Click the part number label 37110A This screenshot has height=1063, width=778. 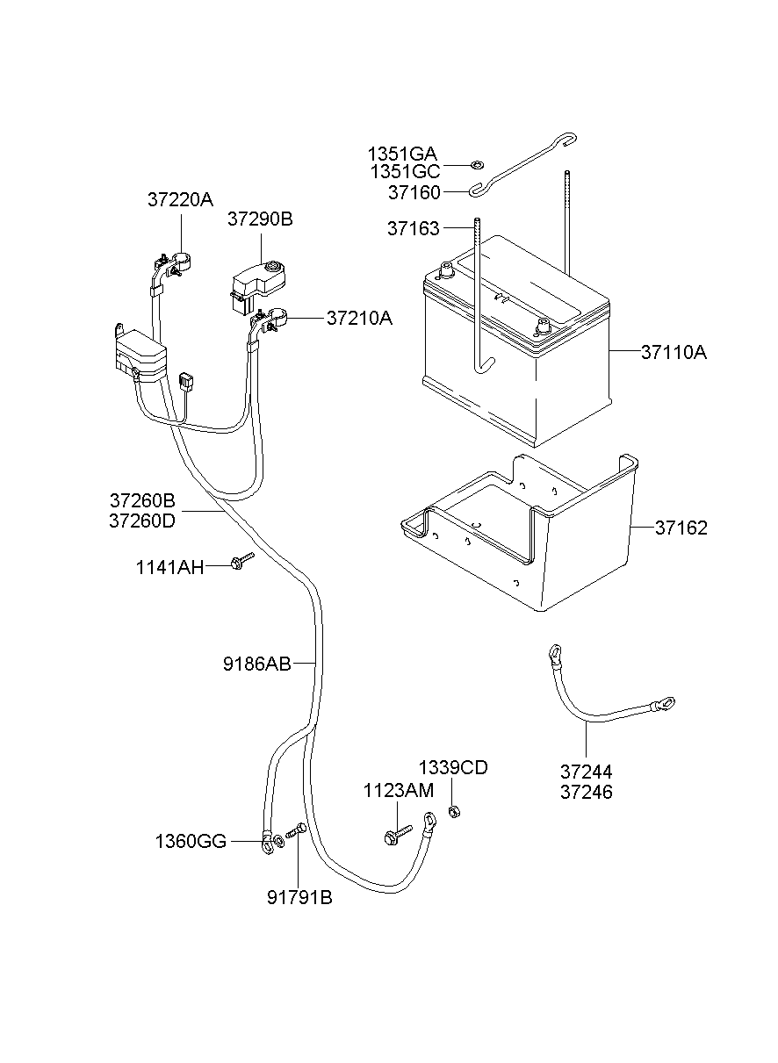[x=674, y=353]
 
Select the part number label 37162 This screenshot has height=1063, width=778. [x=681, y=528]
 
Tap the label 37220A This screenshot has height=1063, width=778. [x=180, y=199]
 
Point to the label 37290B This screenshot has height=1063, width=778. [x=260, y=219]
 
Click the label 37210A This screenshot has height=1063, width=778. [x=359, y=318]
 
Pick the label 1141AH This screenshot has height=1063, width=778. [x=169, y=567]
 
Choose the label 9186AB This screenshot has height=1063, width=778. [x=256, y=664]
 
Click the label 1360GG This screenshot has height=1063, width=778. [x=191, y=842]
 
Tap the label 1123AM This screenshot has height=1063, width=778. [x=399, y=791]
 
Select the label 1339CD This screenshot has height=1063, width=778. [x=453, y=768]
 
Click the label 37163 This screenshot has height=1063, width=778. [x=413, y=229]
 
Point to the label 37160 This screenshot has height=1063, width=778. [x=414, y=191]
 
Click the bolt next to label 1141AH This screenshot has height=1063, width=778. [x=241, y=562]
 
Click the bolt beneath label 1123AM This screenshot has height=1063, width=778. [x=397, y=834]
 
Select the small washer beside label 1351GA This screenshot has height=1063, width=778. [x=477, y=163]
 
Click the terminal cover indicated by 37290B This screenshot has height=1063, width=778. [x=254, y=280]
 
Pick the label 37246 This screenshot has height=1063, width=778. [x=587, y=792]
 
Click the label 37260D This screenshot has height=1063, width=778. [x=142, y=521]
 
